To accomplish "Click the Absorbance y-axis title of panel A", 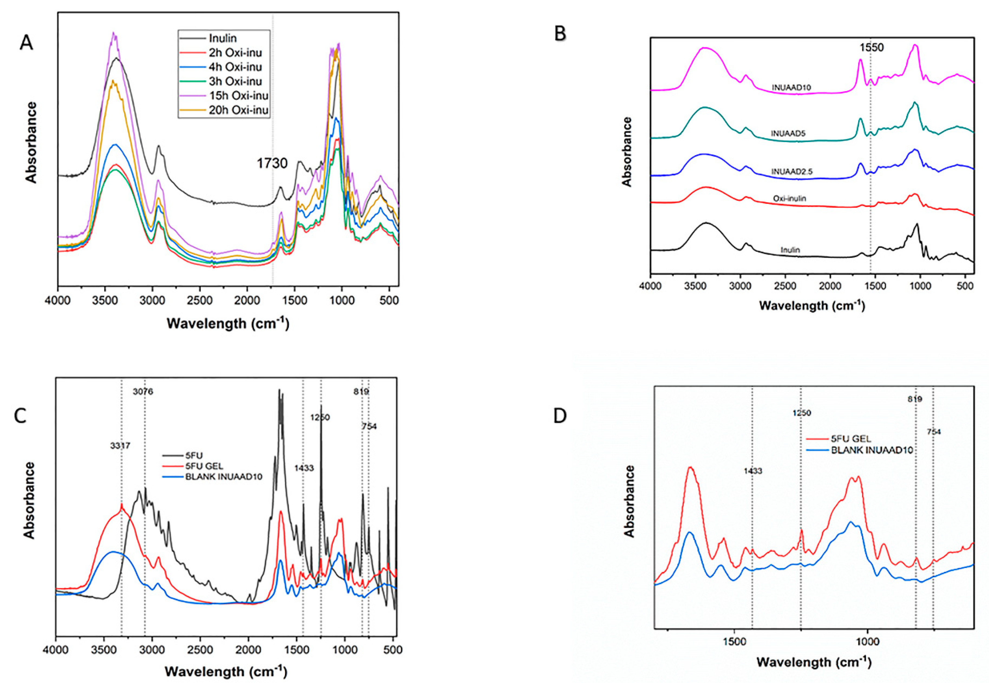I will [31, 143].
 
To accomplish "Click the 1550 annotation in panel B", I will [871, 48].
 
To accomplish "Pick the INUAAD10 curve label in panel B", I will [791, 87].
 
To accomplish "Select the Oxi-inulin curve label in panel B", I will [790, 199].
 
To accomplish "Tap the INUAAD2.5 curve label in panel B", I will [792, 172].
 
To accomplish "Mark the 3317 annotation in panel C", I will [120, 446].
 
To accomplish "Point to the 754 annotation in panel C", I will [369, 426].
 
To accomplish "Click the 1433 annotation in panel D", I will [752, 471].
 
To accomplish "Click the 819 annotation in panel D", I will [915, 399].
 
